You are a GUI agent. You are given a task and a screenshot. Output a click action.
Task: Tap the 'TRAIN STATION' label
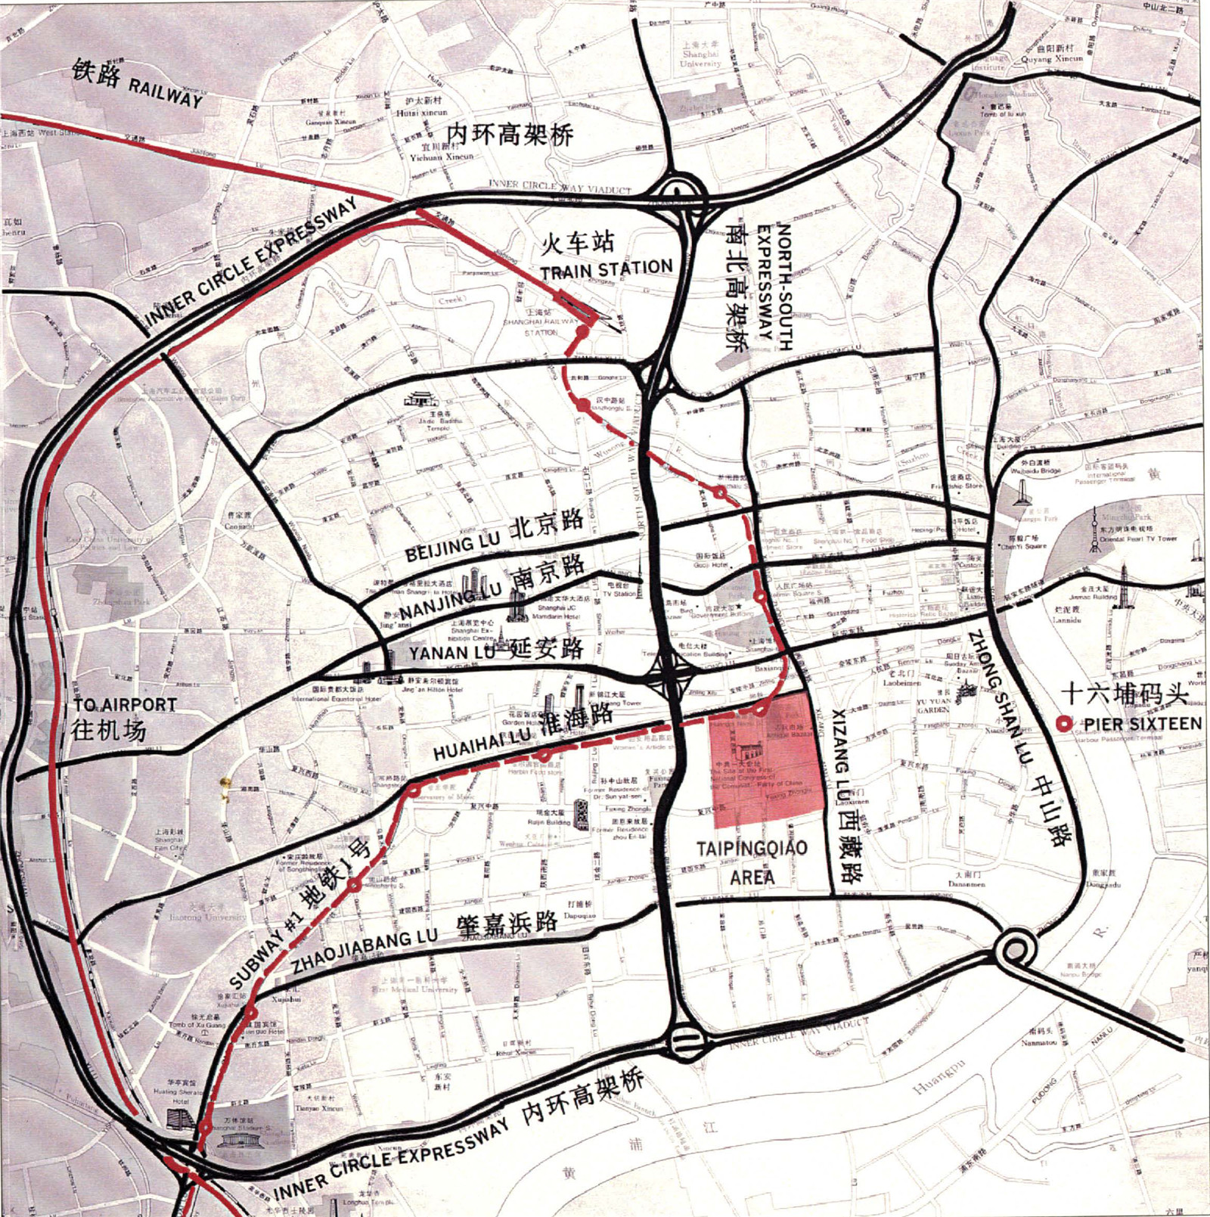(606, 269)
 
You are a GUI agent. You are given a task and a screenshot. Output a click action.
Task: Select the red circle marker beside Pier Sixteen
(1065, 724)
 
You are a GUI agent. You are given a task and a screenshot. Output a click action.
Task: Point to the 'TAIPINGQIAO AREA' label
(752, 862)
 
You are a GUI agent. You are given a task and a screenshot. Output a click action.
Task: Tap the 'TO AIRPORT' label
(125, 705)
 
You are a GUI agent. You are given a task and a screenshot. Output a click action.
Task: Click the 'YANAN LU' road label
(451, 652)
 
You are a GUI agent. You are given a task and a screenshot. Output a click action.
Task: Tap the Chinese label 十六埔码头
(1125, 693)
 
